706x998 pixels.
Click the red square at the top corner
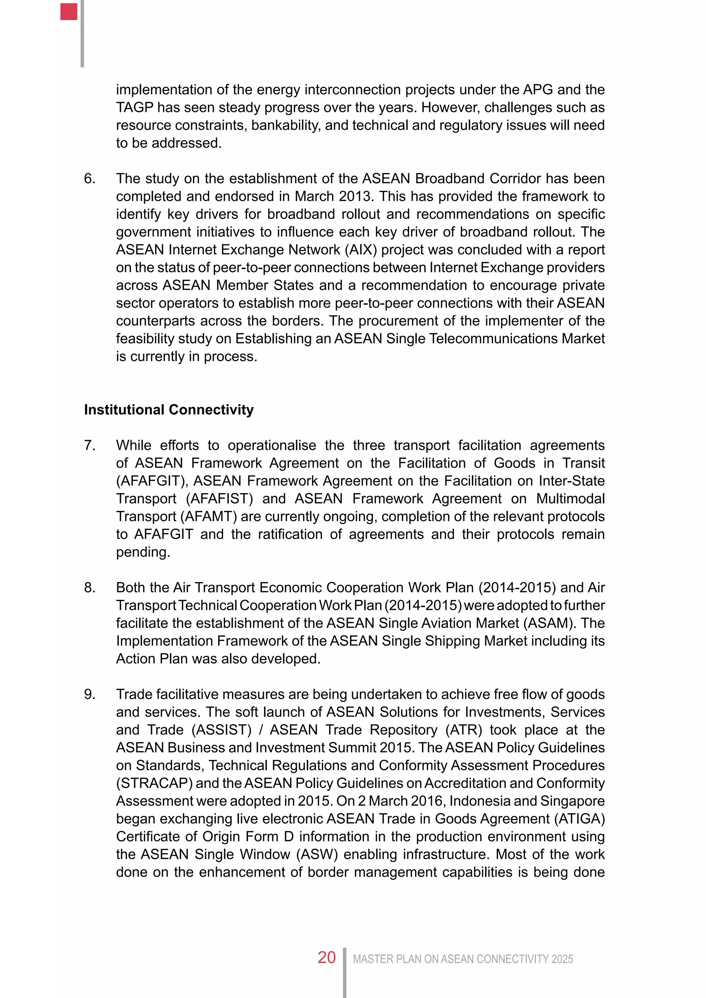(x=69, y=12)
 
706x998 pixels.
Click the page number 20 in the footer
(x=326, y=958)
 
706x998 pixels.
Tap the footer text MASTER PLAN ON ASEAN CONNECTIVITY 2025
(x=463, y=959)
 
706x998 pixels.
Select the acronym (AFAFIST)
(x=220, y=499)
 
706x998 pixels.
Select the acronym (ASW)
(x=317, y=854)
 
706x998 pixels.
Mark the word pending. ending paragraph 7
(x=143, y=552)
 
